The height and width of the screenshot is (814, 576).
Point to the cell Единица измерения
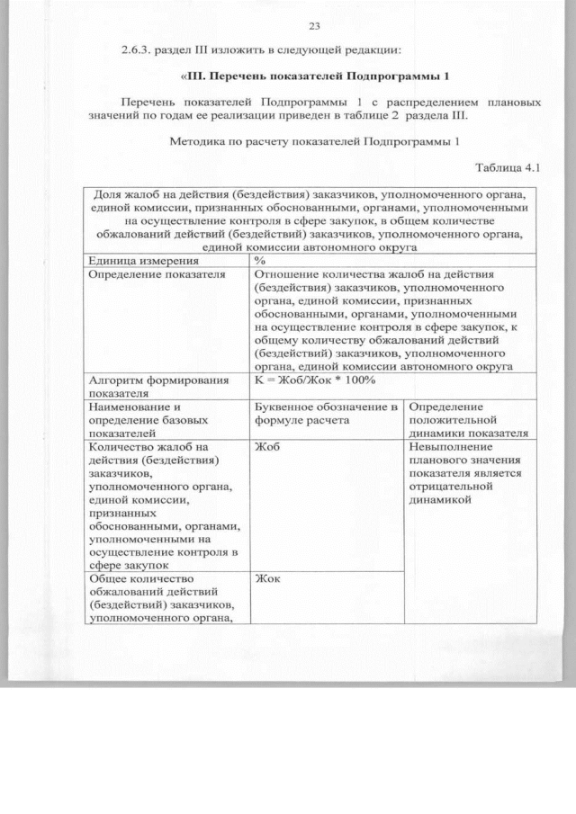[x=130, y=260]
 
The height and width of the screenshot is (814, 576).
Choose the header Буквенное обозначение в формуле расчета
[x=326, y=413]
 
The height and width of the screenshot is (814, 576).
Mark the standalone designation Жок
[x=267, y=578]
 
